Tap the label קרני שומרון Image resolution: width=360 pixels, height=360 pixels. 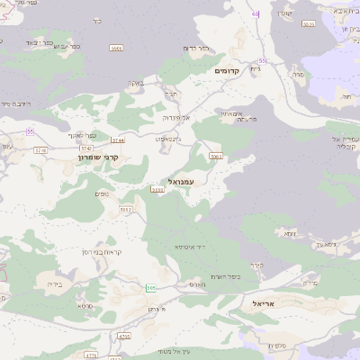click(x=98, y=157)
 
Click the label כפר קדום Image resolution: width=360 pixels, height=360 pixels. click(x=196, y=48)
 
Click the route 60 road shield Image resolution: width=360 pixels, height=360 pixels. click(x=256, y=13)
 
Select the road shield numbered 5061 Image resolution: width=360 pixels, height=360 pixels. click(x=215, y=157)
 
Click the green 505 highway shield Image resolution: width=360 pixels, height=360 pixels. click(x=151, y=288)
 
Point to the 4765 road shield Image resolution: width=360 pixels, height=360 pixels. click(x=123, y=337)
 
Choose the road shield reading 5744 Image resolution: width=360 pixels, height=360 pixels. click(x=118, y=140)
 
